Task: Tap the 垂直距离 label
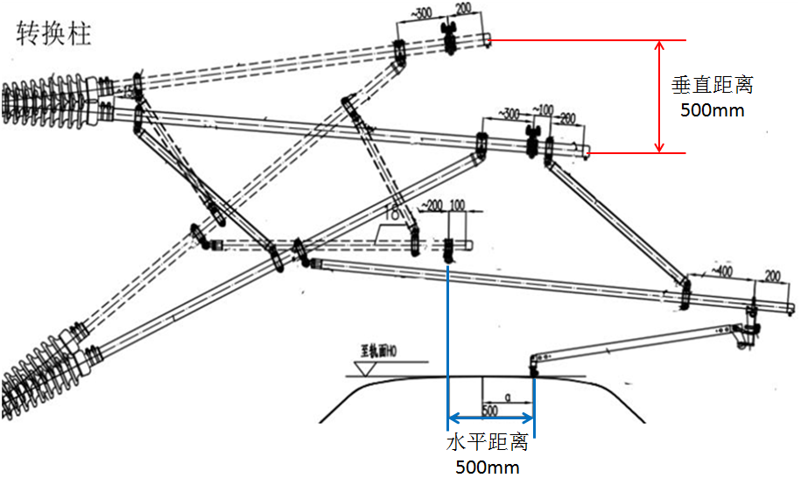pos(712,85)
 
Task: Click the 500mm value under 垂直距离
pos(712,110)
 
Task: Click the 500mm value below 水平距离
pos(487,467)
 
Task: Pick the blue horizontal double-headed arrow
pos(491,418)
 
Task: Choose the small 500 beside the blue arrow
pos(491,408)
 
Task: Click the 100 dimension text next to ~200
pos(456,206)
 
